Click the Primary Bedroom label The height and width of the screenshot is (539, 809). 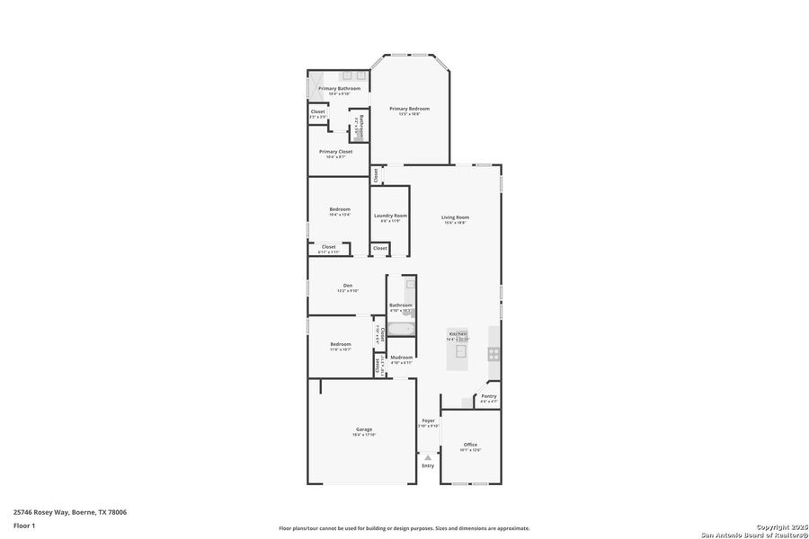click(409, 108)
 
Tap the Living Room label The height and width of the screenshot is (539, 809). click(455, 216)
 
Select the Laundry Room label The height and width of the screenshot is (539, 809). click(390, 216)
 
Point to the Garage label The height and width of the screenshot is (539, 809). click(363, 429)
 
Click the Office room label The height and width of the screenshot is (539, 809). click(470, 445)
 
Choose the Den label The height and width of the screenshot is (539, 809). click(347, 285)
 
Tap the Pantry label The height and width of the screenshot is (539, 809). click(488, 396)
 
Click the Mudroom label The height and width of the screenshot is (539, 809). click(401, 358)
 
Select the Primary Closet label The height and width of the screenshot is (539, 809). click(335, 152)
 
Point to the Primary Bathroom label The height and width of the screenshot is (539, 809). click(339, 88)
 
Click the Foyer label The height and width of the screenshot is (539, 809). click(429, 420)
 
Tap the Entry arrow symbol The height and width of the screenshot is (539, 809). click(428, 457)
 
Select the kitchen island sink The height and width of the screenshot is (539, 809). click(461, 351)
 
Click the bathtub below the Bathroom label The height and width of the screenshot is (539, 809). click(401, 329)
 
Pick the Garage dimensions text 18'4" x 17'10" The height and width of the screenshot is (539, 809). click(363, 435)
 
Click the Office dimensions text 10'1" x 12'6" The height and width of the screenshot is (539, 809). click(470, 450)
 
